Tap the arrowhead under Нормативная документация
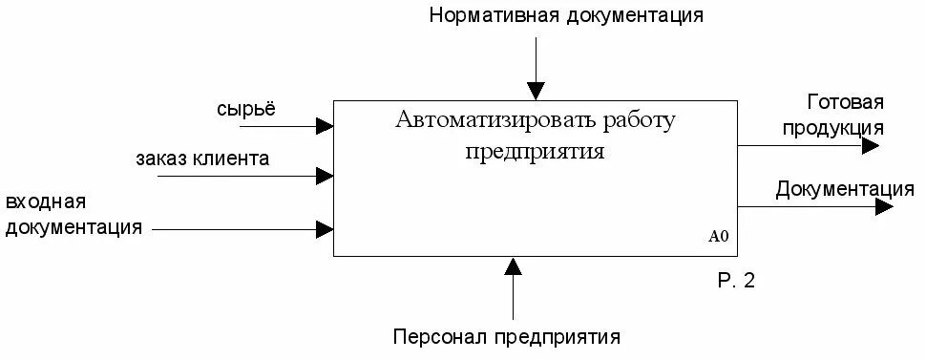(537, 92)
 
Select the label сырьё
(246, 108)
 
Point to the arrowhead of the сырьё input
(326, 125)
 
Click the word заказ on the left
(163, 158)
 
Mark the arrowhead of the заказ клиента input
(326, 176)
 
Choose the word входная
(46, 203)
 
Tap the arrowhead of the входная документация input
(326, 229)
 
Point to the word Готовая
(846, 102)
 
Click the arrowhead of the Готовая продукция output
(870, 146)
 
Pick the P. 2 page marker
(736, 281)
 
